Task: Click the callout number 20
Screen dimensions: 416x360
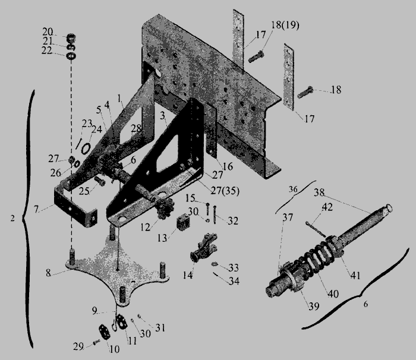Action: pyautogui.click(x=48, y=32)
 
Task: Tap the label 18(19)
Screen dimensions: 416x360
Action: pyautogui.click(x=285, y=25)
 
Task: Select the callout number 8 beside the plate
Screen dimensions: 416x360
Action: pyautogui.click(x=48, y=273)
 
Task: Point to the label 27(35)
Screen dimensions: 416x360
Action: pyautogui.click(x=225, y=191)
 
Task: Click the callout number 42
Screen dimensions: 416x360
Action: pyautogui.click(x=327, y=207)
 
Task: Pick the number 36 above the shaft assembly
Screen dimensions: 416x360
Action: pyautogui.click(x=293, y=189)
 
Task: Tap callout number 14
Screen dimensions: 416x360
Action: pyautogui.click(x=188, y=275)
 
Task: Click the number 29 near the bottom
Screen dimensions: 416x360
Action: pyautogui.click(x=78, y=346)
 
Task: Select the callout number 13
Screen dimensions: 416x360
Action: pyautogui.click(x=162, y=238)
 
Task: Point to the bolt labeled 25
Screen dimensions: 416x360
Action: pyautogui.click(x=100, y=181)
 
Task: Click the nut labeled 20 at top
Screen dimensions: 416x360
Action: pyautogui.click(x=71, y=38)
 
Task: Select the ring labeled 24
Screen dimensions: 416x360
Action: pyautogui.click(x=86, y=149)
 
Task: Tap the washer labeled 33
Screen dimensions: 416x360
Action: pyautogui.click(x=215, y=264)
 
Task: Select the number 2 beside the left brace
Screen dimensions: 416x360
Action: pyautogui.click(x=12, y=219)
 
